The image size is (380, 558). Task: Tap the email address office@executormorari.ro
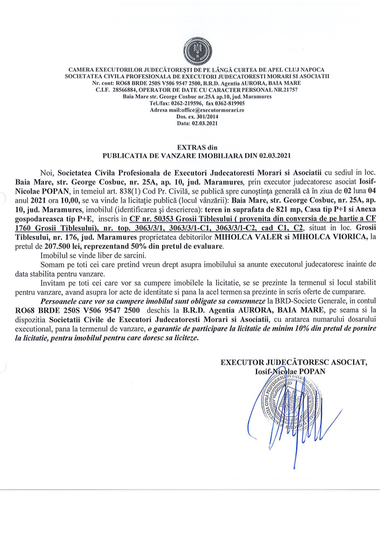point(205,110)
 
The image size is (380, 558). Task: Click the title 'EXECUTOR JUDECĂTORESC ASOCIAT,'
point(293,363)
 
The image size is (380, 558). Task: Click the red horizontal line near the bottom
point(190,490)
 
